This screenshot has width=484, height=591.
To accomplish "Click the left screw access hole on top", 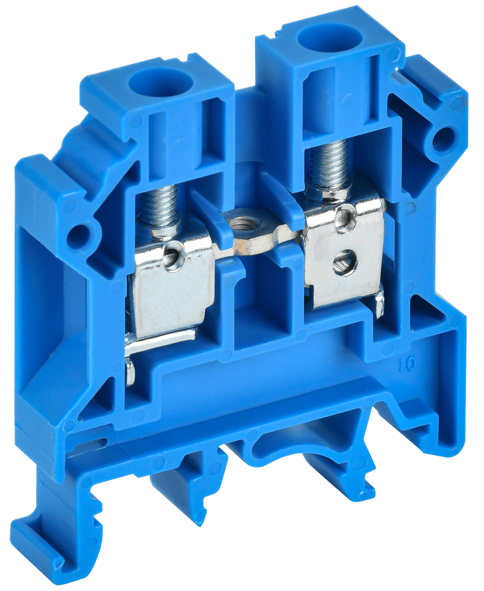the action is (159, 83).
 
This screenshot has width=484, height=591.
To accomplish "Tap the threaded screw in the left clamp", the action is (159, 206).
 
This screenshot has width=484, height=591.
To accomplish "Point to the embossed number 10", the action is (410, 364).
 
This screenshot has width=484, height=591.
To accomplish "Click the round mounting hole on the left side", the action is (76, 238).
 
